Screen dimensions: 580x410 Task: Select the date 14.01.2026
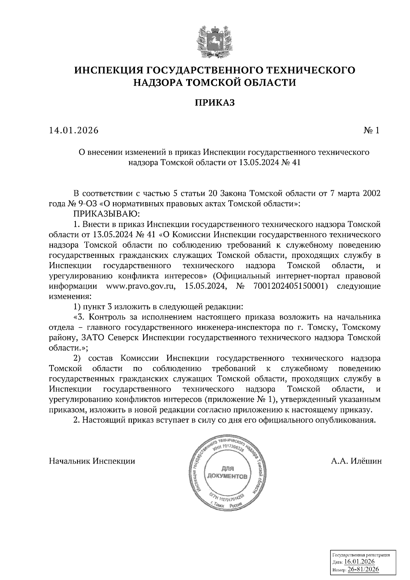(73, 130)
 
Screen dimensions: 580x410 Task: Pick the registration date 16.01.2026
(359, 562)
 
